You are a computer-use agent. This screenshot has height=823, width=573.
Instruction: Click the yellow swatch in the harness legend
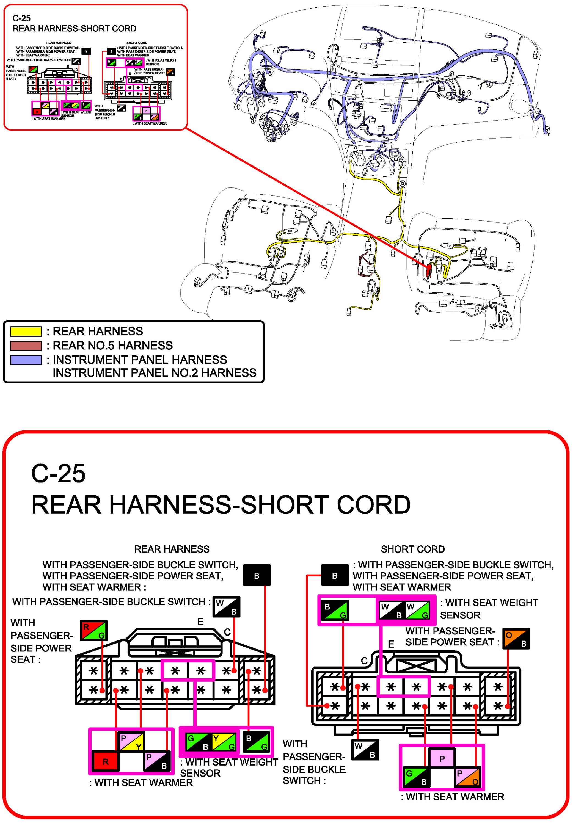[26, 331]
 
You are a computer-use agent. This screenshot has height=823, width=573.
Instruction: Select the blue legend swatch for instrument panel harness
[26, 360]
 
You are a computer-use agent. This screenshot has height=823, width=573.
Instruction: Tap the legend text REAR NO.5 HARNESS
[112, 346]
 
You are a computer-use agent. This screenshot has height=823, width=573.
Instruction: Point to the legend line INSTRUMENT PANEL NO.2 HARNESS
[155, 373]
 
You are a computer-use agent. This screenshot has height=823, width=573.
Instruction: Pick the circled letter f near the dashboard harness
[237, 106]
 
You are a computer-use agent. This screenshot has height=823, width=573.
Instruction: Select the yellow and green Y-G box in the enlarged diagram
[224, 742]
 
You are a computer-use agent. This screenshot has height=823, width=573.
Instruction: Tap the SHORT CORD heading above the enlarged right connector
[413, 549]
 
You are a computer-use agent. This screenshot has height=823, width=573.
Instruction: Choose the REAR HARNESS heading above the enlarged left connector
[172, 549]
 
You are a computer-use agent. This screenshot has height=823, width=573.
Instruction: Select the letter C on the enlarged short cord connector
[364, 661]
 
